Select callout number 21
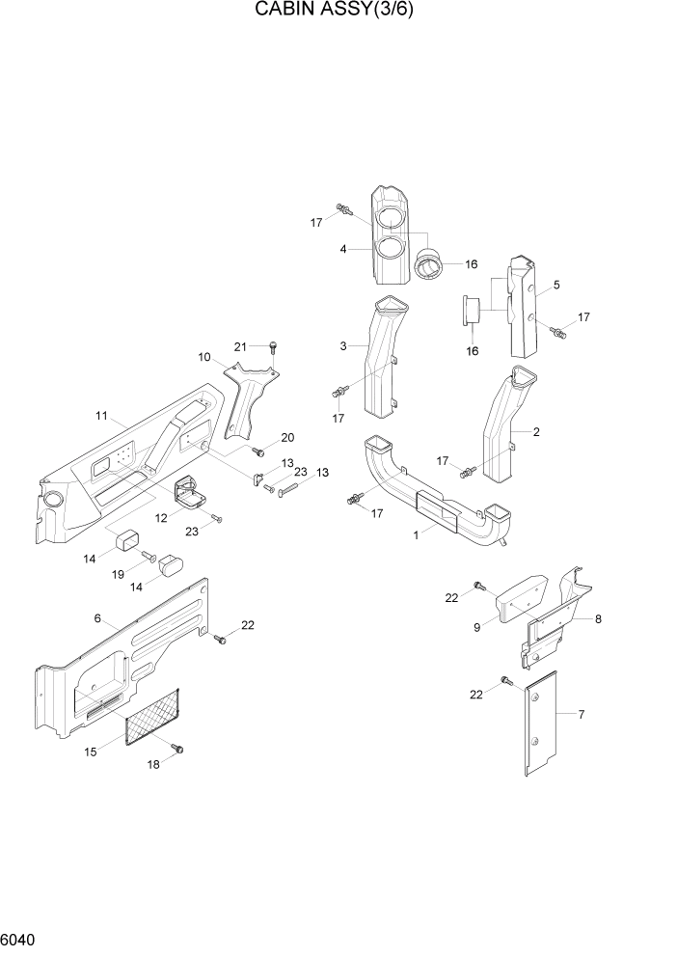[242, 346]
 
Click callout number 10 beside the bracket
[204, 358]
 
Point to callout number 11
[101, 416]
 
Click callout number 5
[555, 286]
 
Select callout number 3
[342, 345]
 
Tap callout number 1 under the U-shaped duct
[418, 533]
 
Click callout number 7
[582, 715]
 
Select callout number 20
[286, 437]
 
